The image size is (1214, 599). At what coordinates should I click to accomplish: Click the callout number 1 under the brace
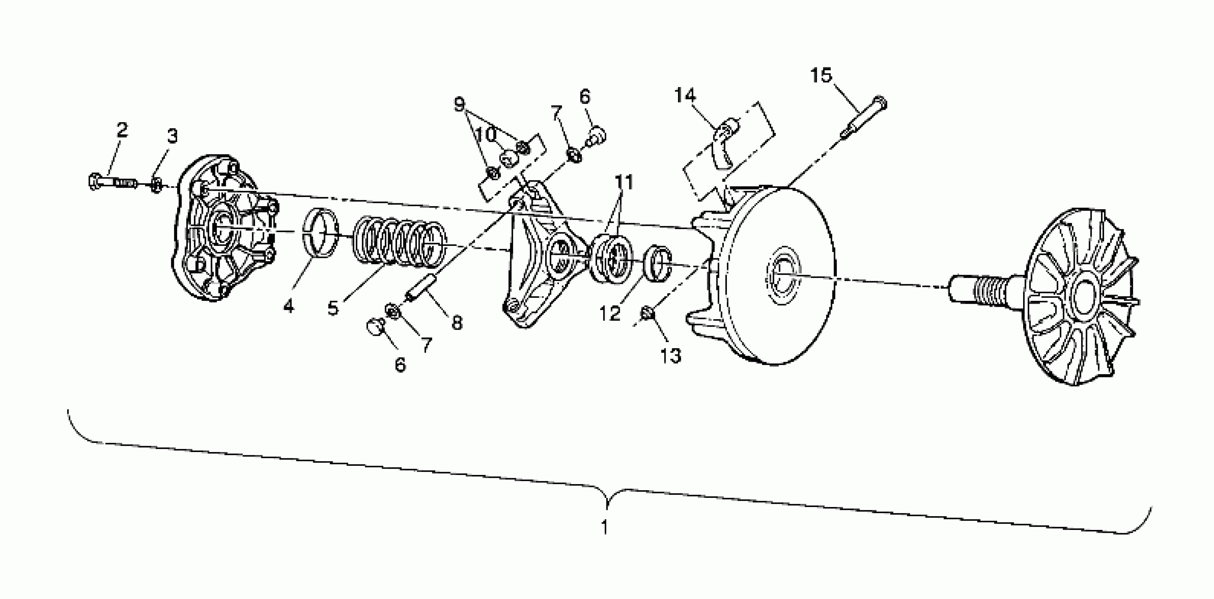pos(605,527)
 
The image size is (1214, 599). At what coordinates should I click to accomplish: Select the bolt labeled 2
pos(112,181)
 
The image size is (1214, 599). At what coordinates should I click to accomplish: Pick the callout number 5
pos(333,308)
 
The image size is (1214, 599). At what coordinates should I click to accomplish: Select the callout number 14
pos(685,95)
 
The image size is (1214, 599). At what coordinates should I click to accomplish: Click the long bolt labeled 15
pos(863,118)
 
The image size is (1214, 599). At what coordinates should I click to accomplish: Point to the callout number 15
pos(821,75)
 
